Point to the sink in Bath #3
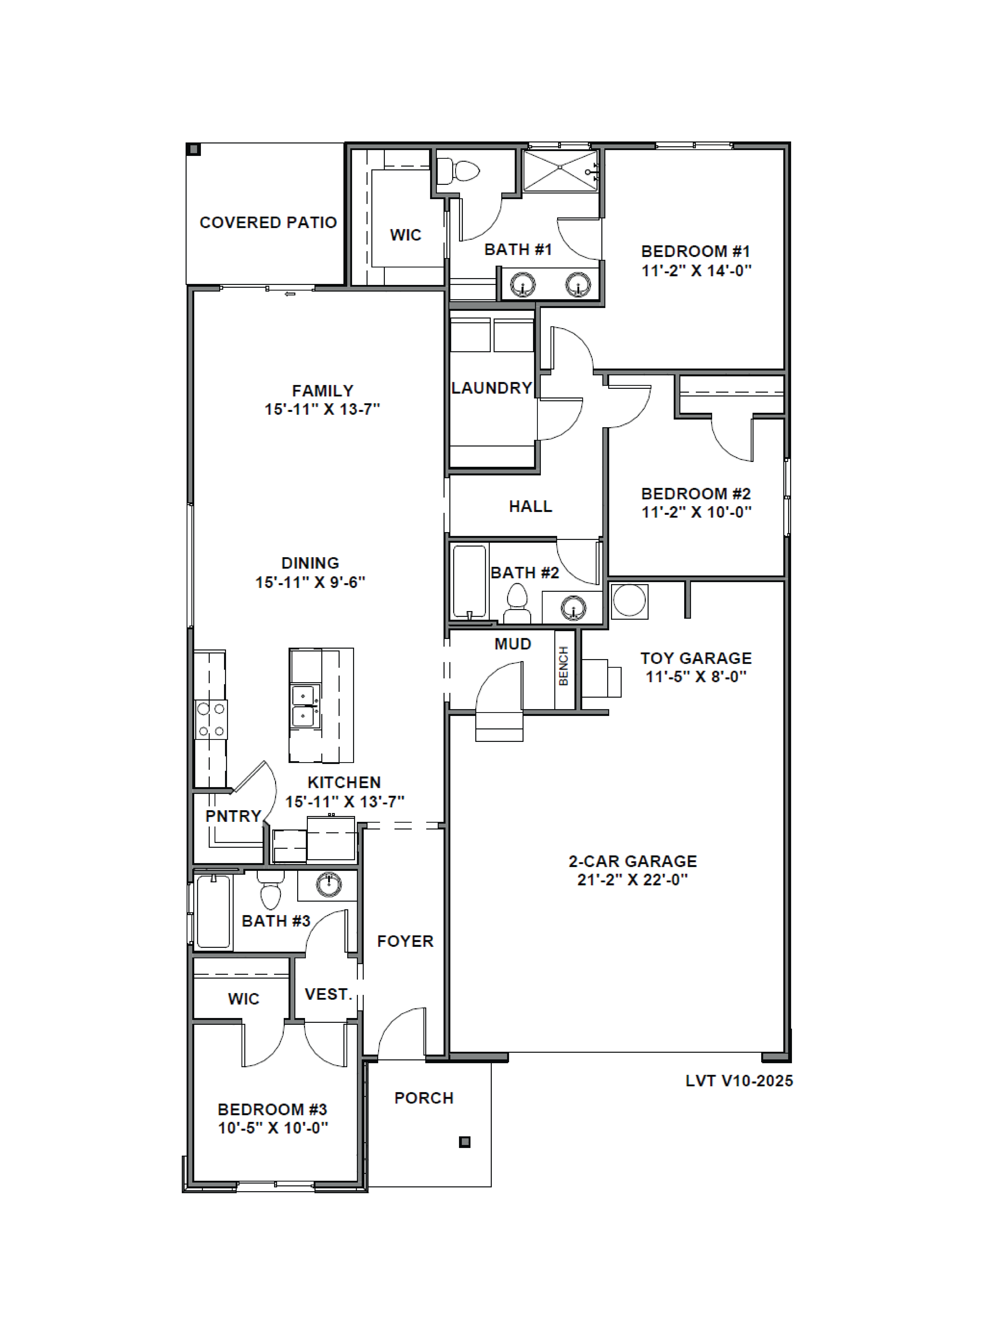pos(328,885)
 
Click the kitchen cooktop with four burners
pos(211,720)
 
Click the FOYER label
pos(405,941)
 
